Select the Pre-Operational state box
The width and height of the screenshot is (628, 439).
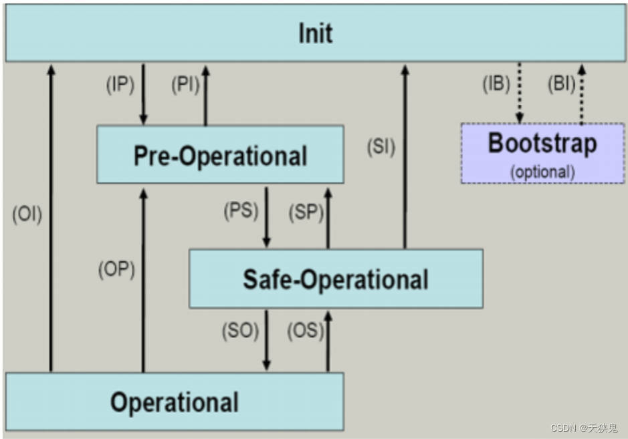pos(220,154)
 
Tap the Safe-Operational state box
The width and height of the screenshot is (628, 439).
pos(335,279)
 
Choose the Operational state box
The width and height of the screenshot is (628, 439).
pos(174,402)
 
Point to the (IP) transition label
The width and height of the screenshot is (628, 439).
pos(120,85)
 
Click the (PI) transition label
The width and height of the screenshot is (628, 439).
pos(185,85)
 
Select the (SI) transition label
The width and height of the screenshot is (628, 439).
pos(381,147)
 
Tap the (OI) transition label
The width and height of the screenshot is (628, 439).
pos(27,215)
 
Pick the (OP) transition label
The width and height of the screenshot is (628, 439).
pos(116,269)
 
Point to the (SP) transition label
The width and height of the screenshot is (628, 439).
pos(306,212)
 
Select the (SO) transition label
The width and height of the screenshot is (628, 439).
pos(240,331)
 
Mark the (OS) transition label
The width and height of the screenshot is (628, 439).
pos(305,331)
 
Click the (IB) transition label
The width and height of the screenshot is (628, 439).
pos(496,85)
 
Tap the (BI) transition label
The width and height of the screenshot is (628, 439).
pos(560,85)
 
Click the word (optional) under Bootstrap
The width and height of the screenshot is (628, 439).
pos(542,171)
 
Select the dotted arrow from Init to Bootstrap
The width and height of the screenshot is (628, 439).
pos(520,92)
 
